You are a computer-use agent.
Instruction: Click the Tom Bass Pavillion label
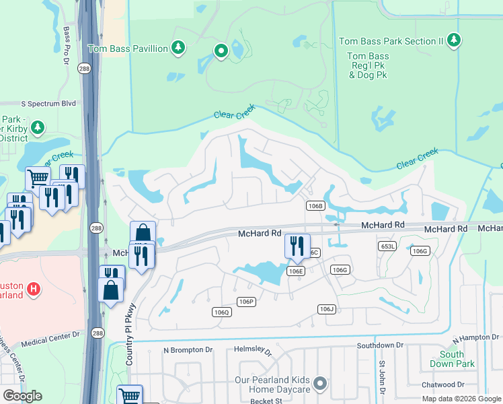coord(128,48)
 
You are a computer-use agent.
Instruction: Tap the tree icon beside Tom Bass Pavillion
coord(178,47)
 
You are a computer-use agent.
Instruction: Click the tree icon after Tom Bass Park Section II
coord(455,40)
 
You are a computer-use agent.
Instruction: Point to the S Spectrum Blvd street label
coord(48,104)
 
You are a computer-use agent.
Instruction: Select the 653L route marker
coord(388,247)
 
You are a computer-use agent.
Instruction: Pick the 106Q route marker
coord(221,312)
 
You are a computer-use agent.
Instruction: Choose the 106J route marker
coord(327,308)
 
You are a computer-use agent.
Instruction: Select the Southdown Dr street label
coord(380,345)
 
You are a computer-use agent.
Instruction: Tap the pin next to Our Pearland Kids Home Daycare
coord(320,383)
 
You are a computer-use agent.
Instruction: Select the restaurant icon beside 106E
coord(297,246)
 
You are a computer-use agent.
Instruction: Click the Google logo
coord(22,396)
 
